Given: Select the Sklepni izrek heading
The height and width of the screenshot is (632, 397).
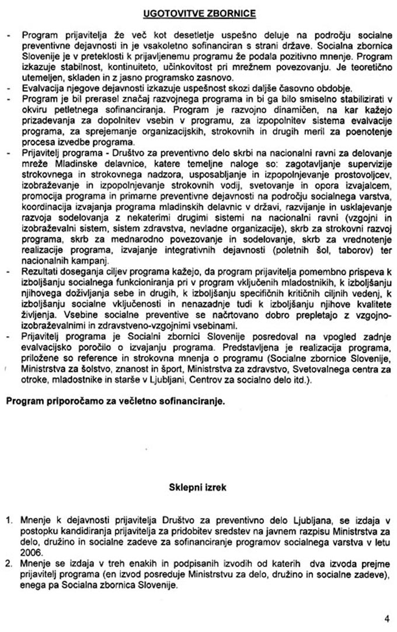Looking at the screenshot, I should point(197,486).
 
